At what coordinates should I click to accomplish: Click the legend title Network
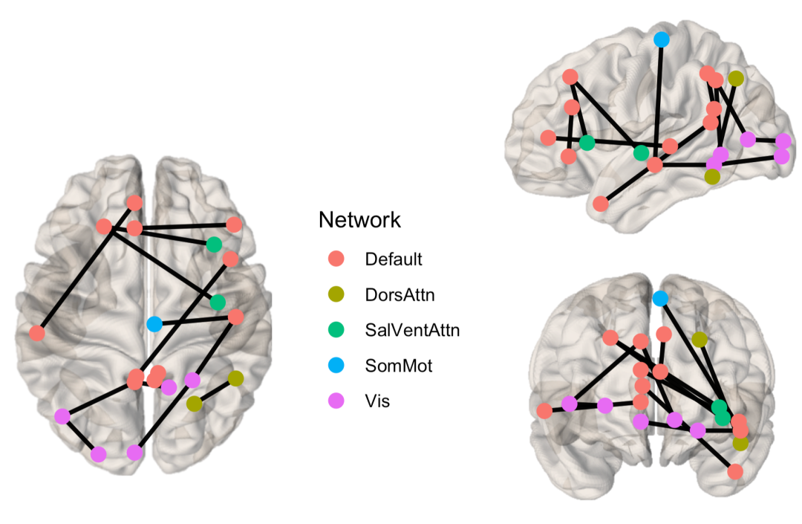359,220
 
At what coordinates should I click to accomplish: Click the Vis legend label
377,401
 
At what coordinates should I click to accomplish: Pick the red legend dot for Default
336,259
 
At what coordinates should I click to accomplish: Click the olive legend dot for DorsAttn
336,294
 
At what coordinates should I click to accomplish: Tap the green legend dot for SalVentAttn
336,330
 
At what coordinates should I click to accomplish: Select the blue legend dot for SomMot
336,366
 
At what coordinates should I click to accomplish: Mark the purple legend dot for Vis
336,401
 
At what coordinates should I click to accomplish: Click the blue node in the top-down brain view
154,324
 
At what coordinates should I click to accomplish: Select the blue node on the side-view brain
661,39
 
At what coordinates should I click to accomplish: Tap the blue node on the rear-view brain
659,298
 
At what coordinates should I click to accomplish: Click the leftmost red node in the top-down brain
37,333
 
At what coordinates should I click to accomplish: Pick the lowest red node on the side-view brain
601,203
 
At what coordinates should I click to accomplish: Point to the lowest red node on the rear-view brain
735,471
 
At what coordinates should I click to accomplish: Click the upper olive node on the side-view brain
735,78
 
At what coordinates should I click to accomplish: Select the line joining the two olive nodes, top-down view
215,391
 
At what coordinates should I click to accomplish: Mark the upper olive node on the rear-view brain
699,339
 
